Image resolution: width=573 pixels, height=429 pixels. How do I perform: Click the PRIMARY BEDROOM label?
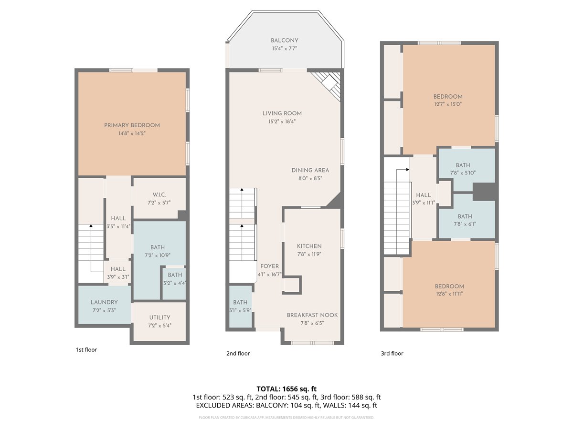(x=132, y=125)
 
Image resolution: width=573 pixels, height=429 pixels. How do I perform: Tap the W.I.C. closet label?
(x=159, y=194)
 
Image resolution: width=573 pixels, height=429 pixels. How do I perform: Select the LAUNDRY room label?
(x=104, y=302)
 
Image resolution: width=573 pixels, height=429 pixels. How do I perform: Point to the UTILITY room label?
(x=159, y=317)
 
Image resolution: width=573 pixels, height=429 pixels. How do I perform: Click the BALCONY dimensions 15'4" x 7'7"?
(x=284, y=49)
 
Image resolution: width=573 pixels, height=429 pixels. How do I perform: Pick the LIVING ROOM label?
(x=282, y=113)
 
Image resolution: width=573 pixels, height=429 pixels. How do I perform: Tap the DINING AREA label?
(x=310, y=170)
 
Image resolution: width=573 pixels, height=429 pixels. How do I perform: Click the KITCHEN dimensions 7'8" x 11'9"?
(x=309, y=254)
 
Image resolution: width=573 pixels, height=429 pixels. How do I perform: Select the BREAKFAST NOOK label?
(x=312, y=315)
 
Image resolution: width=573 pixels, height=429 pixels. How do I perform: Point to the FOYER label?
(x=269, y=266)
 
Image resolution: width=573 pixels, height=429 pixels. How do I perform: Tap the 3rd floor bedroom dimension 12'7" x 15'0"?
(x=448, y=104)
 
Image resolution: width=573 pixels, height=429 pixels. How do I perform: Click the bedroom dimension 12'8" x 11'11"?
(x=449, y=294)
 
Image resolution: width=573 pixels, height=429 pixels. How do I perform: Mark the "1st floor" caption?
(x=86, y=349)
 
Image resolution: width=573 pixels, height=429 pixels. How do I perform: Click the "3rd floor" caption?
(x=392, y=353)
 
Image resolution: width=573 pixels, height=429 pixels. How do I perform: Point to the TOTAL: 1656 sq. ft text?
(x=286, y=389)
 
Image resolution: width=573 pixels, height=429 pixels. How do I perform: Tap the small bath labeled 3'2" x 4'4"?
(x=175, y=283)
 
